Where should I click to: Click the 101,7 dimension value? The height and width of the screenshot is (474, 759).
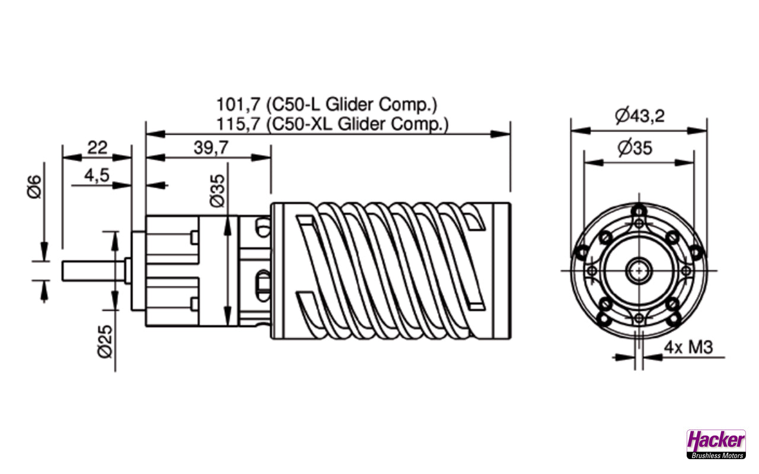238,105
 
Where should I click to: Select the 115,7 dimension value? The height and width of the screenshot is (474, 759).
238,124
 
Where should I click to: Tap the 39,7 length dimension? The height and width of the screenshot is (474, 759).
211,148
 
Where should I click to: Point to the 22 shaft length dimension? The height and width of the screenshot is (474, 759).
97,148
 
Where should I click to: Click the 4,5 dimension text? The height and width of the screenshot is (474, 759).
97,176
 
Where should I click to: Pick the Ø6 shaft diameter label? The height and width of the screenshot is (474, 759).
34,187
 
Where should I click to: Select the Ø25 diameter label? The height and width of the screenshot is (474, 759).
105,341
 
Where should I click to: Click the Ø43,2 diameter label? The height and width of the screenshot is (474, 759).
640,116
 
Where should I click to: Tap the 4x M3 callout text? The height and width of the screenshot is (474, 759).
688,347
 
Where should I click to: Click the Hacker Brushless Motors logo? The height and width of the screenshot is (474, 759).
716,444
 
